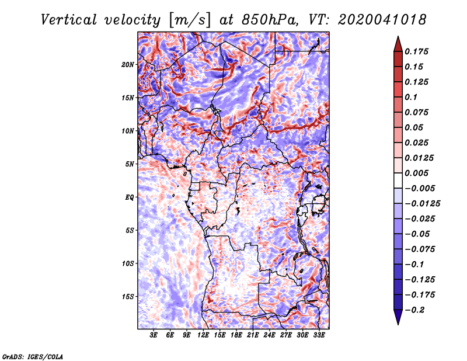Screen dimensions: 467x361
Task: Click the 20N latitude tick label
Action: point(128,64)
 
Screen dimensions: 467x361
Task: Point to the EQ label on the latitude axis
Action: point(129,197)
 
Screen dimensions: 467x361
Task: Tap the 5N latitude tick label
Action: point(130,164)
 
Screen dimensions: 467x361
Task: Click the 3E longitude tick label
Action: point(154,335)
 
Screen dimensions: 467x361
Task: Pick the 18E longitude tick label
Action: point(236,335)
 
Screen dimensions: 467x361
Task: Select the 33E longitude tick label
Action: point(319,335)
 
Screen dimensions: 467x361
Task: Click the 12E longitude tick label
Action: point(203,335)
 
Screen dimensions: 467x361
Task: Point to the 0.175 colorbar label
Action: point(417,51)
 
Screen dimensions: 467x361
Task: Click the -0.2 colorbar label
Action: point(414,310)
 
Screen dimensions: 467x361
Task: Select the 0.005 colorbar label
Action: point(417,173)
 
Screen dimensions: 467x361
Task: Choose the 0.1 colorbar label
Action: point(411,97)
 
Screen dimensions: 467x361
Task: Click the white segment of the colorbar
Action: point(398,180)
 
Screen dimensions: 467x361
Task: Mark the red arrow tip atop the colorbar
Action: point(398,37)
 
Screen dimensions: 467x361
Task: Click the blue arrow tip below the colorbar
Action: point(398,324)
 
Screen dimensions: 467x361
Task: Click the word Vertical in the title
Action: point(69,20)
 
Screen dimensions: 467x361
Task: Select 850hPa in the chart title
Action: point(270,20)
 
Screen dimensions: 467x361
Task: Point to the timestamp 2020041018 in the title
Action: point(382,20)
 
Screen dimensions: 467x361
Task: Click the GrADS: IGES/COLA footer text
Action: point(33,356)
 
